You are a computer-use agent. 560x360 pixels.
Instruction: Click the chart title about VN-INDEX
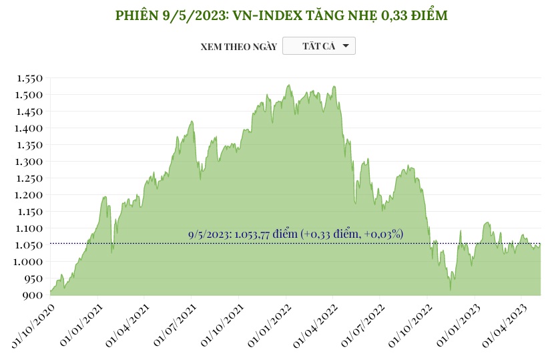click(x=280, y=15)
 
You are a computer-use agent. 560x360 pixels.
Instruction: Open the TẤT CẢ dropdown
click(x=319, y=46)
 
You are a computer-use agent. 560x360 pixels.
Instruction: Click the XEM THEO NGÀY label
click(x=238, y=47)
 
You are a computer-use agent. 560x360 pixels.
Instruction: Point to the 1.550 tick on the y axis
click(x=29, y=78)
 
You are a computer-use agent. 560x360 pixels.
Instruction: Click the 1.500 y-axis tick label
click(x=29, y=95)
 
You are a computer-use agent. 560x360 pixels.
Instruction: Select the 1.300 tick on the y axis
click(x=29, y=162)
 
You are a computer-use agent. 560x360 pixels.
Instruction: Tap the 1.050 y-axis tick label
click(x=29, y=245)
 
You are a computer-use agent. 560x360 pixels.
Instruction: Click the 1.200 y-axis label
click(x=29, y=195)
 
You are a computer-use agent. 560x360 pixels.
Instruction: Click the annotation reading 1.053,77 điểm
click(x=296, y=234)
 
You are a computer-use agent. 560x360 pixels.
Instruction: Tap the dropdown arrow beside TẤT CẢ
click(x=345, y=46)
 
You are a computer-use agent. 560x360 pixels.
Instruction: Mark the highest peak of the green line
click(x=288, y=85)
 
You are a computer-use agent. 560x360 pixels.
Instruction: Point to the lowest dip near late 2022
click(x=451, y=289)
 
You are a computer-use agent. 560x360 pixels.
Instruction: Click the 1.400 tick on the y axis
click(x=29, y=128)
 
